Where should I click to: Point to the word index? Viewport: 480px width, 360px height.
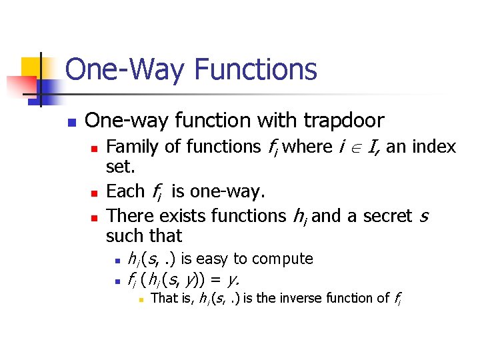coord(431,147)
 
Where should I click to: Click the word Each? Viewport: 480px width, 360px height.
coord(125,192)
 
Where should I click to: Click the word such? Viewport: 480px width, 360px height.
coord(125,236)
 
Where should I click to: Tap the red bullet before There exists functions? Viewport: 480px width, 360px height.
coord(94,217)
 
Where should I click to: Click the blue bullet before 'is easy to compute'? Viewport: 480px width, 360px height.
coord(116,260)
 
